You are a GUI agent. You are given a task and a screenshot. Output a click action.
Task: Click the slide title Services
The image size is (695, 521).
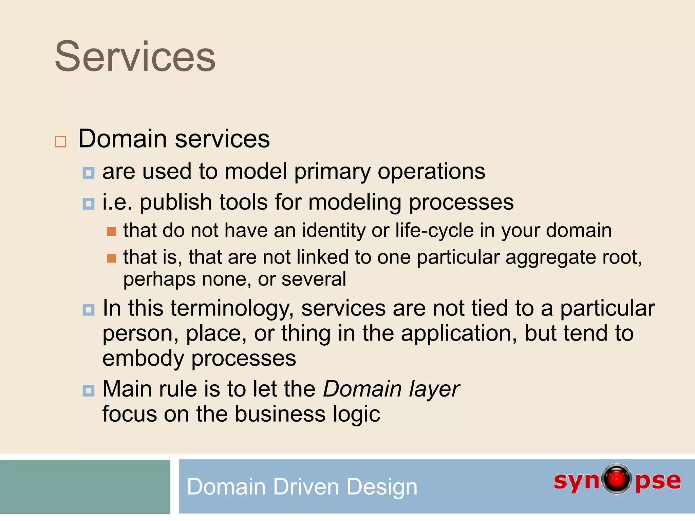135,57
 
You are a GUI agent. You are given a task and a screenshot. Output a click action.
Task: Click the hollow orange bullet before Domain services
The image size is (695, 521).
60,141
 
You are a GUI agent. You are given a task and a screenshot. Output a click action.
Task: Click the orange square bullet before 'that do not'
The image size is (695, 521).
111,232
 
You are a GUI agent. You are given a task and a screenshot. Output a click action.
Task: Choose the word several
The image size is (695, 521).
314,279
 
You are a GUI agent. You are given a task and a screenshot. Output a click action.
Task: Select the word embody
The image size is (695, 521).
143,359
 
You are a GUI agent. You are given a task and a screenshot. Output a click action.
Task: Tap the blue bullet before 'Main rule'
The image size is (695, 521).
89,391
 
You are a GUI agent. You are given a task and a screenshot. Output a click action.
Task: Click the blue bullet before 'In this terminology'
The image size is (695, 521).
89,310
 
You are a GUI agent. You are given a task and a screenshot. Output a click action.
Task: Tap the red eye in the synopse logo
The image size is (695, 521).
617,479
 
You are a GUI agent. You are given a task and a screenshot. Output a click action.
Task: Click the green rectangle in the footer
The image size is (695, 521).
85,487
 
